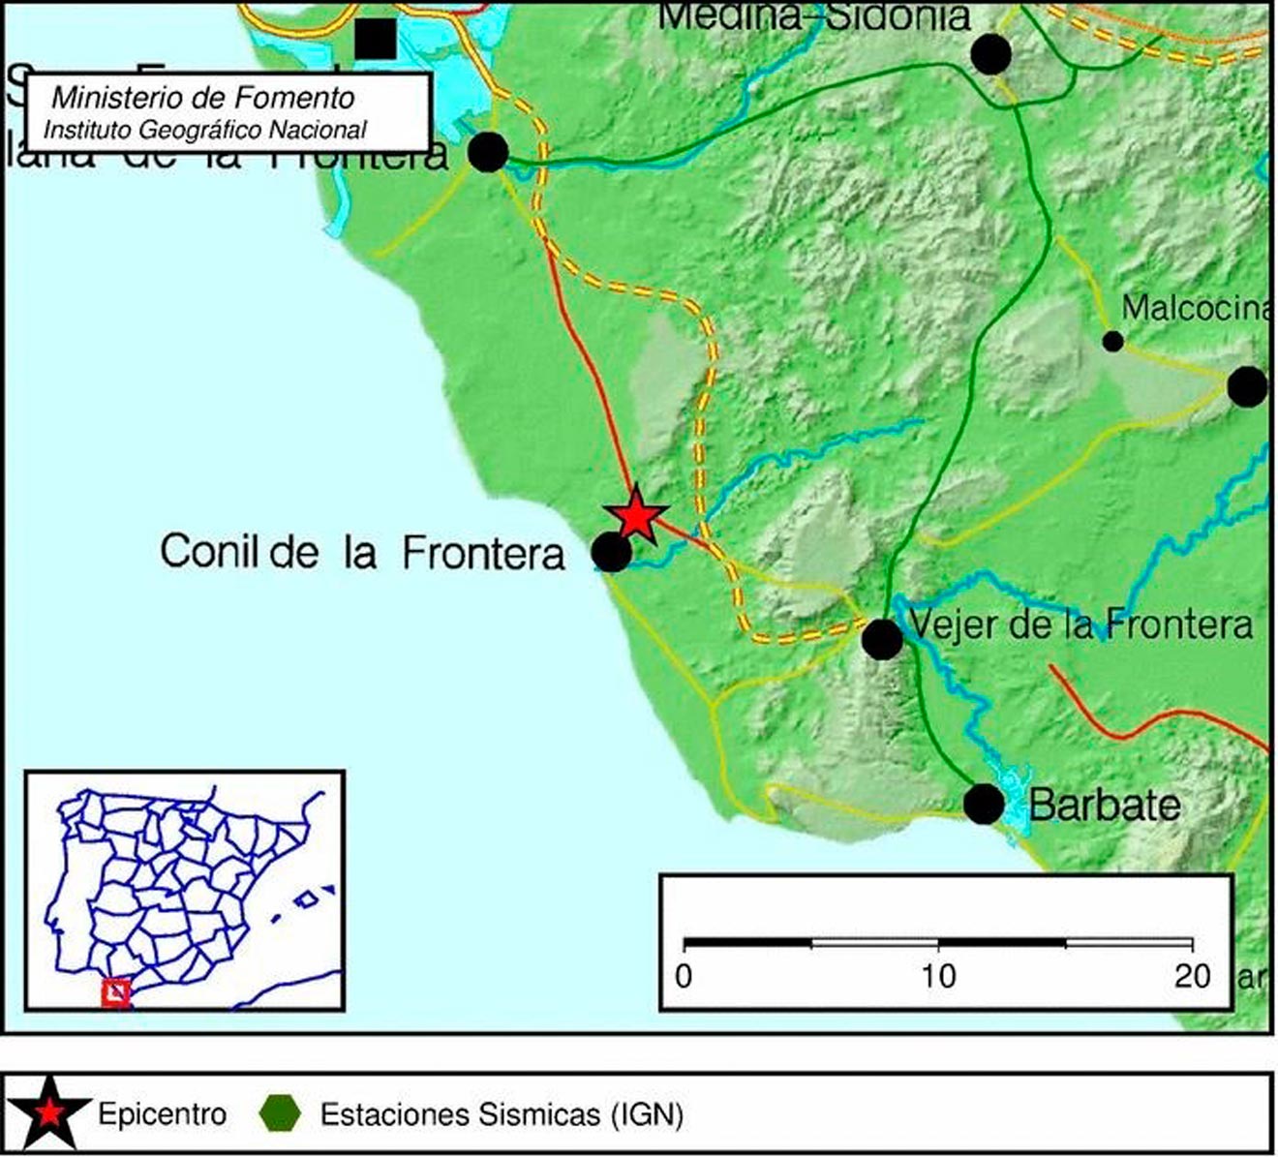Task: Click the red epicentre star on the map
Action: point(635,516)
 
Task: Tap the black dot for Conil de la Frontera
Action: point(611,552)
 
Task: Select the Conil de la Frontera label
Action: point(362,552)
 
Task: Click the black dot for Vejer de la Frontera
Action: point(882,639)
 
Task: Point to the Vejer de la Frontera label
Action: point(1081,624)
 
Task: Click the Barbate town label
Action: point(1104,805)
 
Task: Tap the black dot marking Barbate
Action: point(984,805)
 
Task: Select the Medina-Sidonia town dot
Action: point(990,54)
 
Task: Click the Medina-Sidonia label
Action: point(813,15)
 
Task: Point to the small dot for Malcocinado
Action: point(1113,341)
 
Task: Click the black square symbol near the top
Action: point(376,39)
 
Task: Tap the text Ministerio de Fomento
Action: point(203,98)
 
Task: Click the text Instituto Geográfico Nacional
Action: point(205,129)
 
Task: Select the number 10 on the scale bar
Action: point(937,976)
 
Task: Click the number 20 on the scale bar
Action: point(1192,976)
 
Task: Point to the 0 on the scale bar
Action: point(685,976)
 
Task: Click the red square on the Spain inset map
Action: point(116,992)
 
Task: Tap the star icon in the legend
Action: point(50,1114)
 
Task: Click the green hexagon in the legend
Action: point(282,1114)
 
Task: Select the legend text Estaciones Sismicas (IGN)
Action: point(502,1114)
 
